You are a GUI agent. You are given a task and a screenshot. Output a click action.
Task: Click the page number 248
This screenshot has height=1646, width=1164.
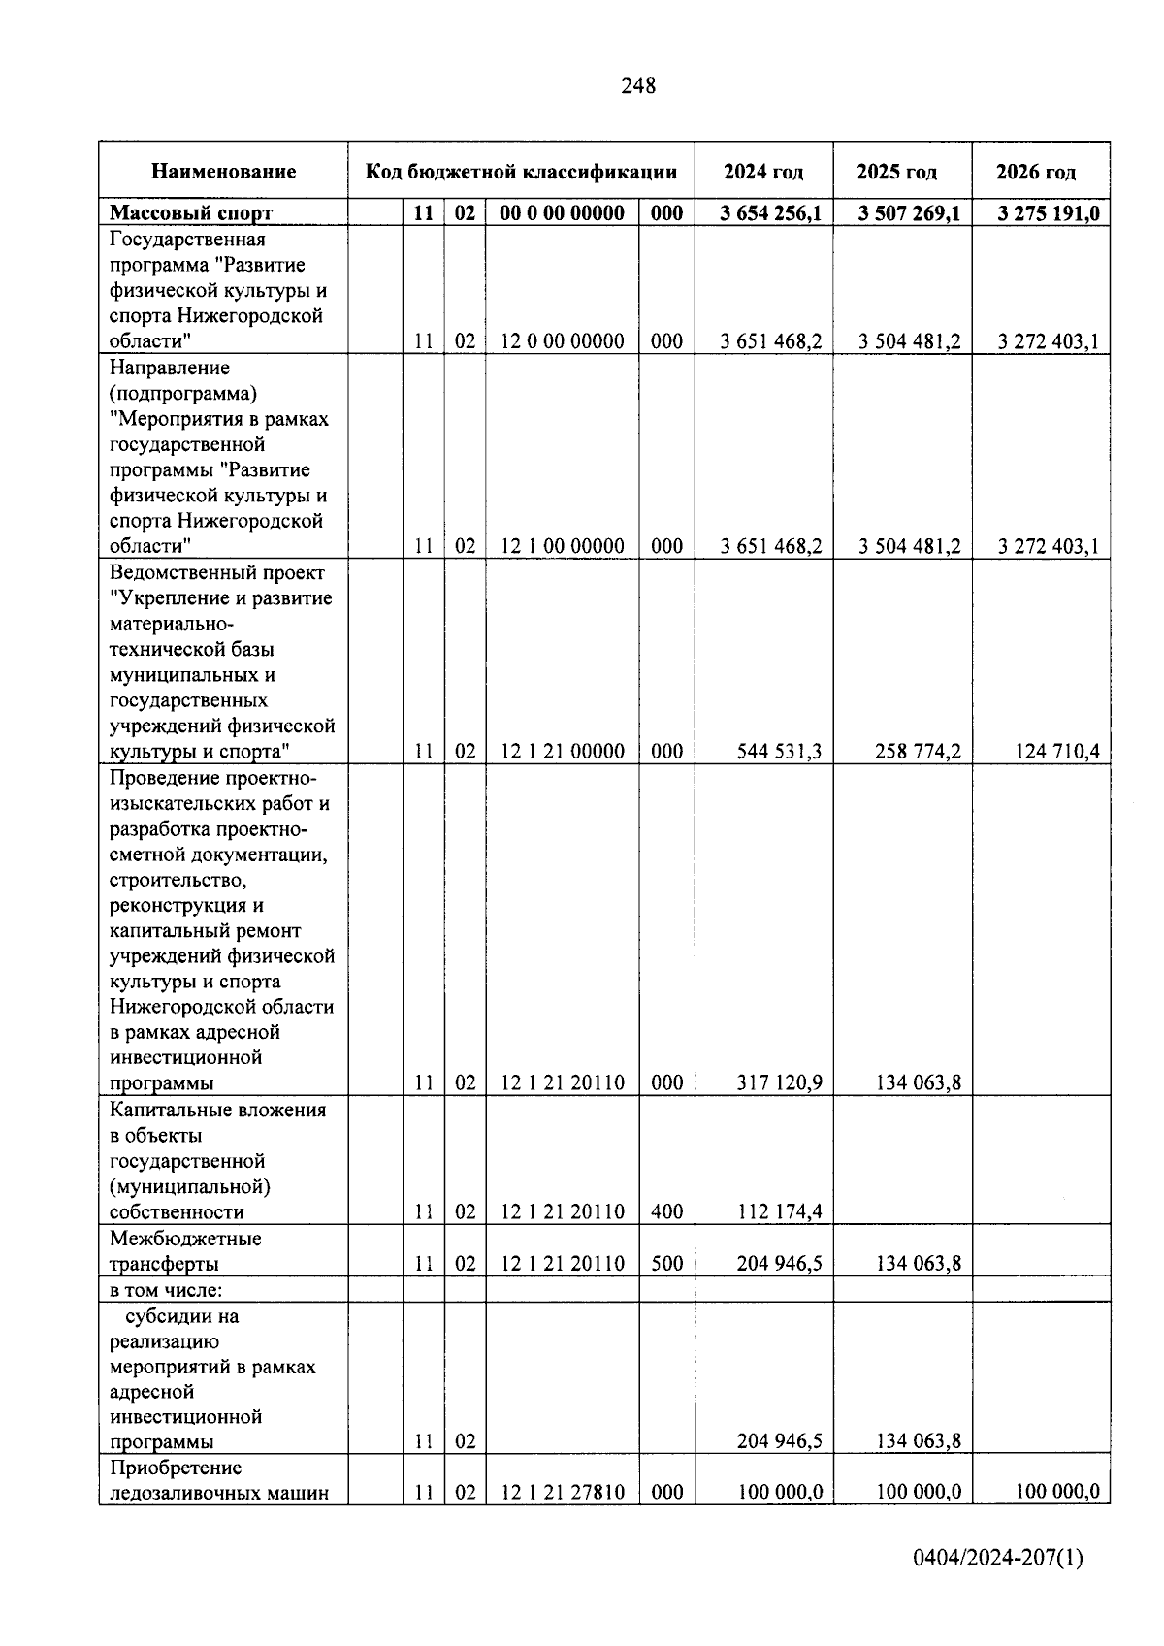click(638, 86)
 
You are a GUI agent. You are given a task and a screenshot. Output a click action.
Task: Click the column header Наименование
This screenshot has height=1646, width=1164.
click(224, 172)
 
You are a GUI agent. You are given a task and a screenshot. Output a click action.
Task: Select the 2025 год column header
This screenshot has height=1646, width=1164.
click(896, 172)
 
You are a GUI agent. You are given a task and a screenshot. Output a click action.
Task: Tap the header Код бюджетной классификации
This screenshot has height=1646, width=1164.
click(521, 172)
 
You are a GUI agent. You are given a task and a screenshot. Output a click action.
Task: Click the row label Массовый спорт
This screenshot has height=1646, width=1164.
click(191, 212)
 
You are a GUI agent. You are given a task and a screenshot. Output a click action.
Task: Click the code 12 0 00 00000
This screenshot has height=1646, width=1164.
click(563, 341)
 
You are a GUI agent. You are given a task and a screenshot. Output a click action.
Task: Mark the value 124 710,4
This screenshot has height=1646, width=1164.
click(1056, 751)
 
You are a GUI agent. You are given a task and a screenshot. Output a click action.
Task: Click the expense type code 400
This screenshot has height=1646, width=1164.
click(667, 1211)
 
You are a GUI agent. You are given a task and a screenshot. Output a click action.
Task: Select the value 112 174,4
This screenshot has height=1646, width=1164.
click(779, 1211)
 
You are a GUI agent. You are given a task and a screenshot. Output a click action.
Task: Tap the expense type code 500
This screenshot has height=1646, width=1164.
click(667, 1263)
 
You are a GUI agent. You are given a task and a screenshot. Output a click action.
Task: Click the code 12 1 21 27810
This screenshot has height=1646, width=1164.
click(563, 1492)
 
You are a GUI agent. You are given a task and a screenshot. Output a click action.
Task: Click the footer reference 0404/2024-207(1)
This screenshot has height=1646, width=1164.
click(998, 1559)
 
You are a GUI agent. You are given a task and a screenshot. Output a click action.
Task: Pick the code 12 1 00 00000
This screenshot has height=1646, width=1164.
click(563, 546)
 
